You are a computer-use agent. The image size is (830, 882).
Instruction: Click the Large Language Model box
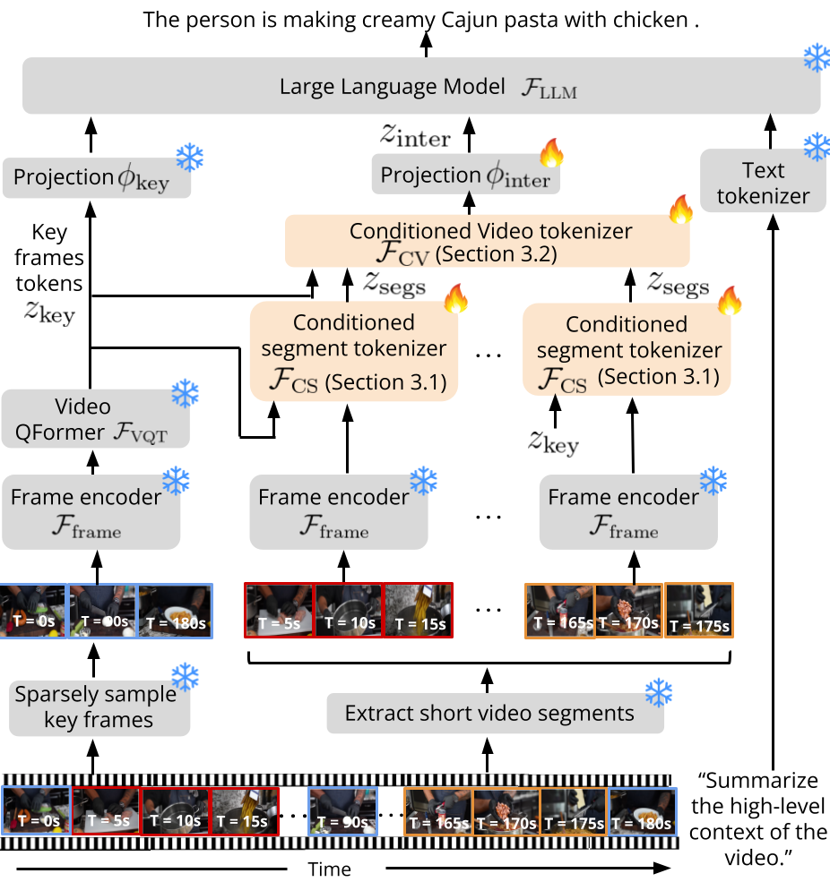pos(421,87)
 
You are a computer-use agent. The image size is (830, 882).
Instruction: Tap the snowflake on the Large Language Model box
pos(816,57)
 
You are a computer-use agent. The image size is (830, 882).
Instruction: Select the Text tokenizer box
pos(763,182)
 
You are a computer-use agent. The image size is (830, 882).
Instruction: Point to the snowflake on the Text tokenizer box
pos(816,146)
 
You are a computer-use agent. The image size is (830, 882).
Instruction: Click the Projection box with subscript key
pos(97,178)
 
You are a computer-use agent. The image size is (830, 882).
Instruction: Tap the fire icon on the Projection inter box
pos(551,153)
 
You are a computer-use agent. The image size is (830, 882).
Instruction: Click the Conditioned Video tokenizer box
pos(488,241)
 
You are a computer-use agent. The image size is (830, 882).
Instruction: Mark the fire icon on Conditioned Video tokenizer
pos(680,209)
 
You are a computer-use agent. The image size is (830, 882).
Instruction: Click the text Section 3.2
pos(497,254)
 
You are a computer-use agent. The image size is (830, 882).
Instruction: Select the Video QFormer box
pos(96,420)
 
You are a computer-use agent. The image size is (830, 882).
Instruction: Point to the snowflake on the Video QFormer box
pos(185,393)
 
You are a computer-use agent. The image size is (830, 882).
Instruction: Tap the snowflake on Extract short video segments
pos(659,691)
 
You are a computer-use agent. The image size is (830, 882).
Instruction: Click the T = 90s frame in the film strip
pos(342,811)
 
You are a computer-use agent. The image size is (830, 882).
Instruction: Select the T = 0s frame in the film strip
pos(36,811)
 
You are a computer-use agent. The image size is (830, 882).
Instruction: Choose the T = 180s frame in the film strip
pos(642,811)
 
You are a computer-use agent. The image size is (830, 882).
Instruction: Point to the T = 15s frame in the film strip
pos(244,811)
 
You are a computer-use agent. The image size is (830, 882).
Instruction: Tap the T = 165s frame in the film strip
pos(438,811)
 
